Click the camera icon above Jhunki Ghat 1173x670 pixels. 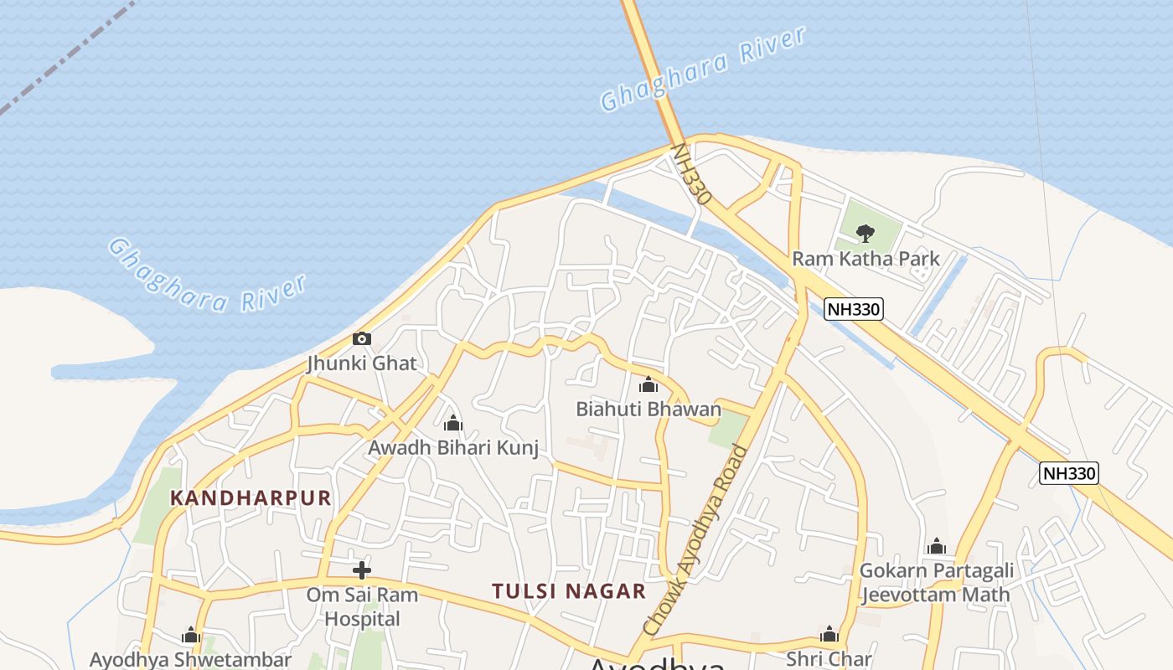point(362,339)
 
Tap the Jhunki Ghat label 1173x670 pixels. point(362,363)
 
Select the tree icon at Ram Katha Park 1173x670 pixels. point(866,233)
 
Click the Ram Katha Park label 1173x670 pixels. point(866,258)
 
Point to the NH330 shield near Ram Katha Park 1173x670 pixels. point(853,309)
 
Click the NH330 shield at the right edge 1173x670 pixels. point(1068,473)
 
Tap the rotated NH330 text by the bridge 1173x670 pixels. point(692,174)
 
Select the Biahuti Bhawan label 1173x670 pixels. point(649,409)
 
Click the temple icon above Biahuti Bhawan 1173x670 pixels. point(649,385)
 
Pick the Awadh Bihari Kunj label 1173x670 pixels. point(453,447)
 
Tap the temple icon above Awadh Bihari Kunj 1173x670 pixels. point(453,423)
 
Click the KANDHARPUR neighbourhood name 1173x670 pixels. point(251,498)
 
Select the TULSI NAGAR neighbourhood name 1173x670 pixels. point(569,591)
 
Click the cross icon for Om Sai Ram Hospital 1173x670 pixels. point(362,571)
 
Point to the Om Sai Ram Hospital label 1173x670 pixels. point(362,607)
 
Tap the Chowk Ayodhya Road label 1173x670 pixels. point(695,540)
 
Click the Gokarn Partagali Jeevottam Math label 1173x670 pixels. point(937,583)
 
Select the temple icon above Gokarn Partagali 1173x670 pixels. point(937,548)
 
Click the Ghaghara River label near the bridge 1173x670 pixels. point(703,69)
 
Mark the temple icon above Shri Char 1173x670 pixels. point(829,634)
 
